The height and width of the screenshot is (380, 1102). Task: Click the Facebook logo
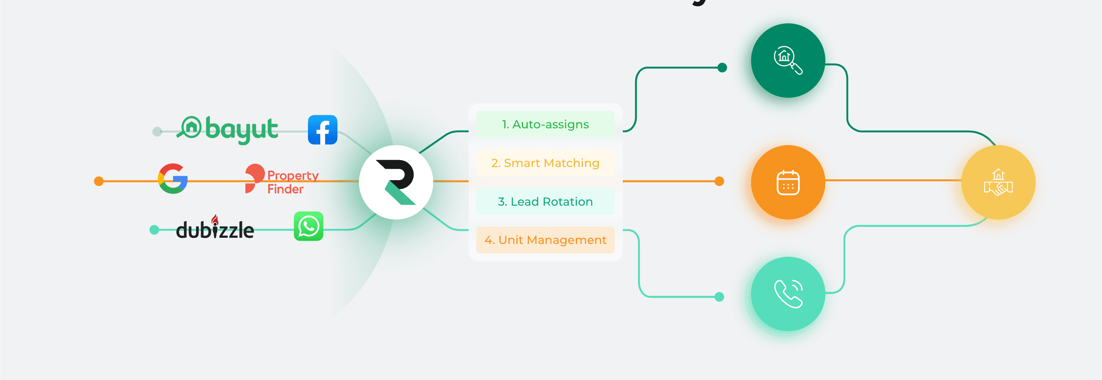click(323, 130)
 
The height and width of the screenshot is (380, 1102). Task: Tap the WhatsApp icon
click(308, 226)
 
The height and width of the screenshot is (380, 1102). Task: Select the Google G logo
click(173, 178)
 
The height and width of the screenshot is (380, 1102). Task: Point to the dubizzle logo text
click(215, 229)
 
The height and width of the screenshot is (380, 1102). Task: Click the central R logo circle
click(396, 182)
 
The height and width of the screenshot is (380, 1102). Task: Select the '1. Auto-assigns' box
click(545, 124)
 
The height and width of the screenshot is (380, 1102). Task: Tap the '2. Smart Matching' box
click(545, 163)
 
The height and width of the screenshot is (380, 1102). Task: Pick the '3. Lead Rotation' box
click(545, 202)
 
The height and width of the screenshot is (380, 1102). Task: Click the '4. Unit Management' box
click(545, 240)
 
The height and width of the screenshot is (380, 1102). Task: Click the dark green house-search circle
click(788, 60)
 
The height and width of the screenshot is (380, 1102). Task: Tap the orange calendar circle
click(788, 182)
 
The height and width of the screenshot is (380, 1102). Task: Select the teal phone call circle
click(788, 294)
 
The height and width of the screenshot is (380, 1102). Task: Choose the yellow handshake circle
click(998, 182)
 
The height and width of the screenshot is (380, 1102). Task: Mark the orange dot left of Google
click(99, 181)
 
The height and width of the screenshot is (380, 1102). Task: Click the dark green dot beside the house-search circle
click(722, 67)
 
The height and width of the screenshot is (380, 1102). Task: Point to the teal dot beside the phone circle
click(720, 296)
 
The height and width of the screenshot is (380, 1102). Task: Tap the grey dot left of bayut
click(157, 131)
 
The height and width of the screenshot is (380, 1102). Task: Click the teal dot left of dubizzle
click(154, 230)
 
